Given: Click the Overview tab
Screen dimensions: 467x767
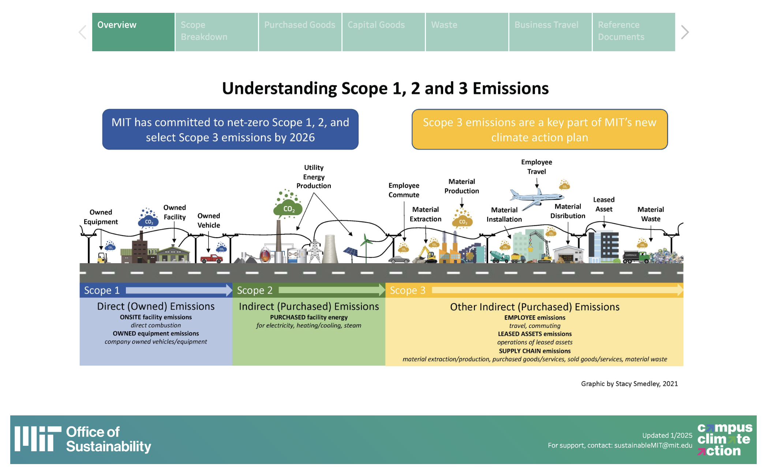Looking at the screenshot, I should click(133, 32).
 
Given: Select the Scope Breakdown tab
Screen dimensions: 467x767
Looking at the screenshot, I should click(217, 32).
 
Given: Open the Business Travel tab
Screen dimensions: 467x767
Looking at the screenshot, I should click(550, 32).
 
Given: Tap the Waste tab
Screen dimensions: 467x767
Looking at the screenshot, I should click(467, 32).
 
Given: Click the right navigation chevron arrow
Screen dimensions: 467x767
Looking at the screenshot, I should click(685, 32).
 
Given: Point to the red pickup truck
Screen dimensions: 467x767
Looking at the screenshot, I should click(212, 258).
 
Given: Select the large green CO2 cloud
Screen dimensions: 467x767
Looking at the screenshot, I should click(288, 208).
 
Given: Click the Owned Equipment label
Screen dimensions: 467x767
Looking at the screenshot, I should click(101, 217).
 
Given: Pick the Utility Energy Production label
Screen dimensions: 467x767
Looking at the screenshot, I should click(314, 177).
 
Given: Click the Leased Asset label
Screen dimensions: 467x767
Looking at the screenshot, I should click(604, 204).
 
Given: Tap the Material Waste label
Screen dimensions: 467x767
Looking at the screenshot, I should click(651, 214).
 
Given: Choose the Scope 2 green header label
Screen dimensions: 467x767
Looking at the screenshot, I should click(255, 290).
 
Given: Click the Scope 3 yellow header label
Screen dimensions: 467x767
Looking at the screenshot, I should click(408, 290).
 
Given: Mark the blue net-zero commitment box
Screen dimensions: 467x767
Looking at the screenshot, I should click(230, 130).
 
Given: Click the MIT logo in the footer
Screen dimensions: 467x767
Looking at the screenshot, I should click(38, 438).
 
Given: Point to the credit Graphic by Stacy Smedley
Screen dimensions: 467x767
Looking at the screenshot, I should click(629, 384).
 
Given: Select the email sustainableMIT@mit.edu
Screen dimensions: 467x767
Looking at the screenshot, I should click(653, 445).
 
